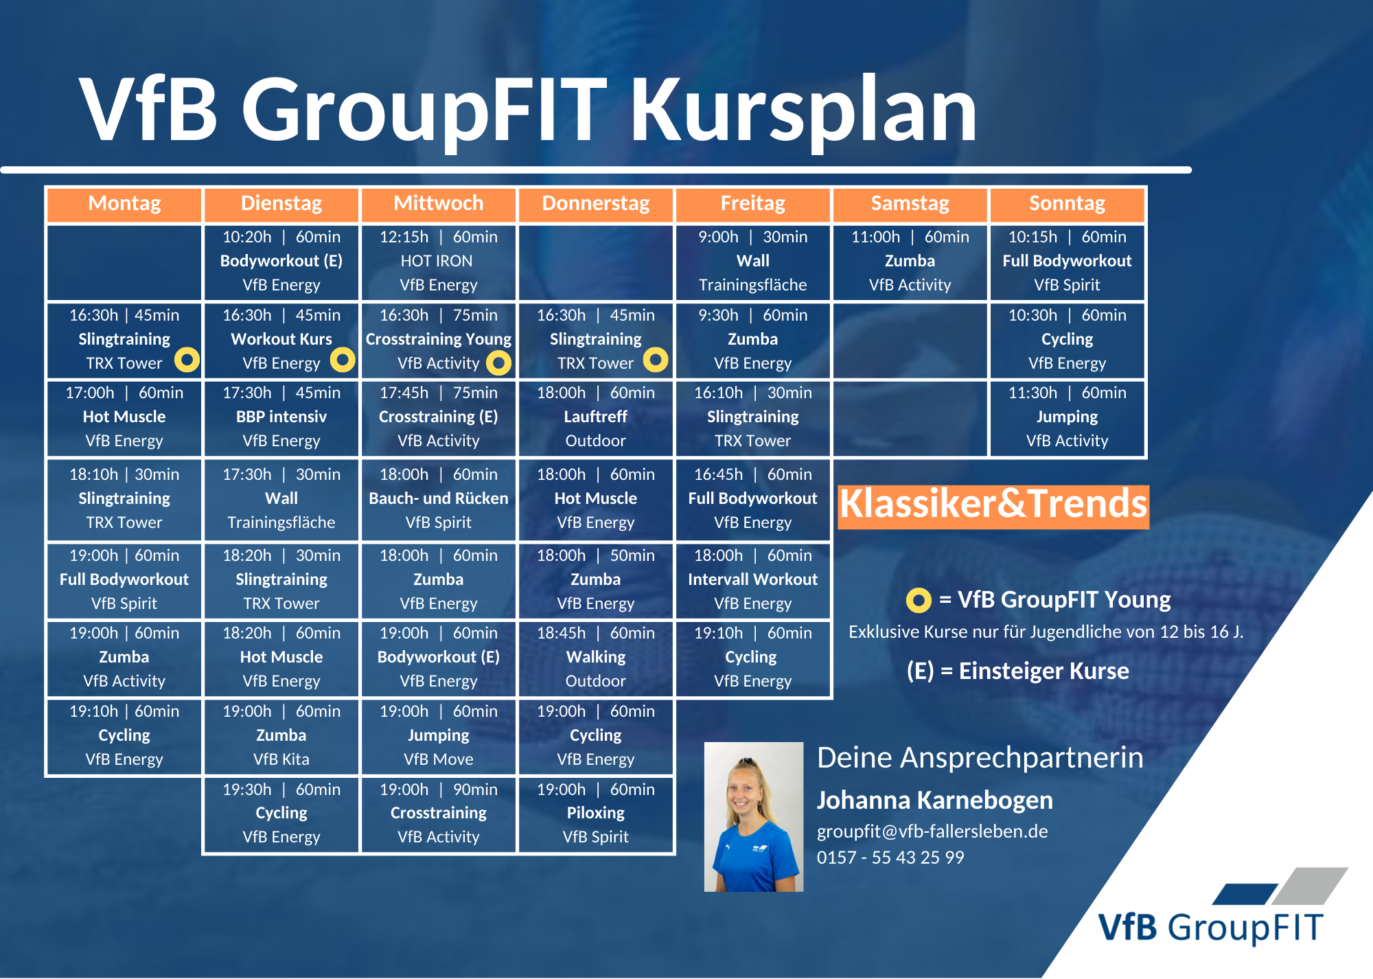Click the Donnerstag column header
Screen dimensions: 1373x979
tap(595, 204)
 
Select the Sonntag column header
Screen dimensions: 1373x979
tap(1067, 204)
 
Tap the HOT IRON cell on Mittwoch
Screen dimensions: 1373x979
tap(439, 262)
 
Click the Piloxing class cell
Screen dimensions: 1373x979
tap(595, 814)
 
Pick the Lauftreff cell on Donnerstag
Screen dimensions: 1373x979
tap(595, 417)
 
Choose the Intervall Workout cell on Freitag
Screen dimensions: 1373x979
tap(752, 579)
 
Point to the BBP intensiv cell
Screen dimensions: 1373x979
tap(281, 417)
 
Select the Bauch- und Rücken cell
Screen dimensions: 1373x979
tap(439, 498)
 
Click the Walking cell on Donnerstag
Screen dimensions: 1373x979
tap(595, 657)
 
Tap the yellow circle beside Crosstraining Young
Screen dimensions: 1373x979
tap(498, 362)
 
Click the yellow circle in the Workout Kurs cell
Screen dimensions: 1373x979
tap(343, 359)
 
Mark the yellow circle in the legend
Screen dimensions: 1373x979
tap(919, 600)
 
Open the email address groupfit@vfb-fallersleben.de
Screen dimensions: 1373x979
tap(932, 831)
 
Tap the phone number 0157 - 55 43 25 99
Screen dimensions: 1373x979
tap(890, 857)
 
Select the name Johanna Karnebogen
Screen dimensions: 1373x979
tap(935, 801)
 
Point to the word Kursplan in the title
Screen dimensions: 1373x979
tap(804, 110)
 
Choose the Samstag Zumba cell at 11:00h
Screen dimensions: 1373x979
tap(910, 262)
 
